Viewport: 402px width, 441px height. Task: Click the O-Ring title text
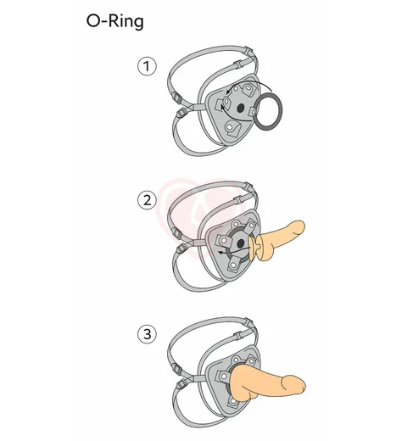(x=114, y=21)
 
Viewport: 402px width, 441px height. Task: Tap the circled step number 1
(x=147, y=66)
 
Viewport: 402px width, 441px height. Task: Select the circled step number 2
(x=147, y=201)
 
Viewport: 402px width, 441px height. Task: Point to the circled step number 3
(x=147, y=334)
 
